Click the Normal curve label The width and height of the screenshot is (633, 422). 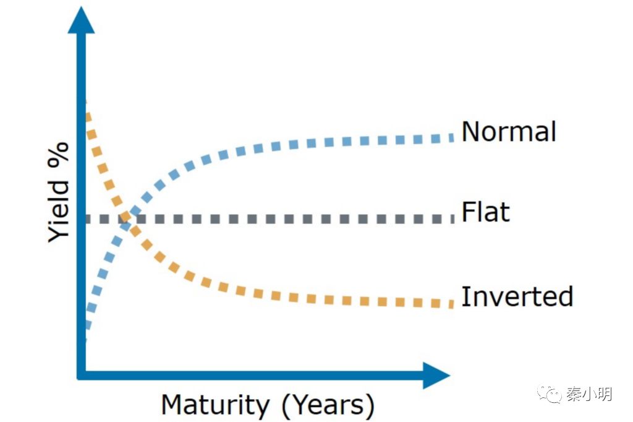(509, 132)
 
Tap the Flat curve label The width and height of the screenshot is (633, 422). (486, 212)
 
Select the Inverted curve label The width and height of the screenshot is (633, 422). (517, 296)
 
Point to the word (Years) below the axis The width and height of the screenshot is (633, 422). (328, 406)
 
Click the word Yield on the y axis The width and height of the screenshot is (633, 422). (60, 214)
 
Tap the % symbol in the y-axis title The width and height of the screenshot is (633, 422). (60, 163)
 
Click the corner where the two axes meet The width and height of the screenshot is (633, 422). (81, 374)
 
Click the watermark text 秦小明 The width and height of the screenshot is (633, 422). (588, 394)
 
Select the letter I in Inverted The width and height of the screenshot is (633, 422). (465, 296)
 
